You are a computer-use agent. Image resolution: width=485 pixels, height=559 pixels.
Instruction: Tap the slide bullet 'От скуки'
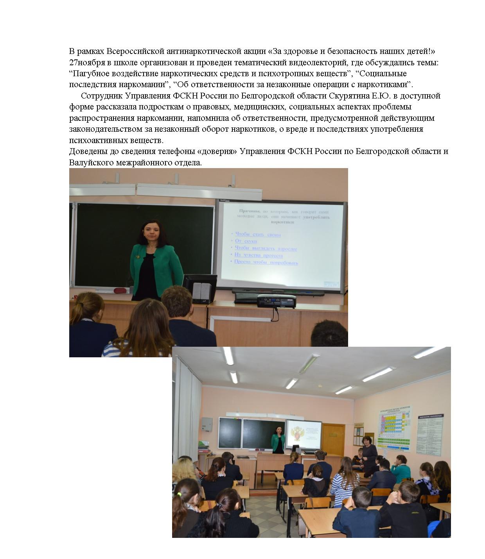pyautogui.click(x=246, y=241)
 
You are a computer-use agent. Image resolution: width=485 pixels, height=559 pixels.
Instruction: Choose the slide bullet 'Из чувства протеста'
pyautogui.click(x=258, y=255)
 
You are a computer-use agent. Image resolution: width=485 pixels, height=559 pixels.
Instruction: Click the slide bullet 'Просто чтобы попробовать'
pyautogui.click(x=266, y=262)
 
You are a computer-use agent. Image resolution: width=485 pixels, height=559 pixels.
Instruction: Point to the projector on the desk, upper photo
pyautogui.click(x=276, y=301)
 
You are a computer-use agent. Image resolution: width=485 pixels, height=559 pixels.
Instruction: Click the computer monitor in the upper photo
pyautogui.click(x=200, y=288)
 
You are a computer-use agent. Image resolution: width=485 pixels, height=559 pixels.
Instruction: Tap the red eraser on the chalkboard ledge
pyautogui.click(x=120, y=290)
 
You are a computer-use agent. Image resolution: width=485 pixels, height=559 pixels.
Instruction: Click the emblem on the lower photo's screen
pyautogui.click(x=297, y=435)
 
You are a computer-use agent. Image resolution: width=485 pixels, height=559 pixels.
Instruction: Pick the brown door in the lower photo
pyautogui.click(x=333, y=439)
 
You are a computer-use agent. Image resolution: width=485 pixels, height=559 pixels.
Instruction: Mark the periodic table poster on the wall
pyautogui.click(x=395, y=428)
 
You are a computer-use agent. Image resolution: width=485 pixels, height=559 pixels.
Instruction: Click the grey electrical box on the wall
pyautogui.click(x=207, y=425)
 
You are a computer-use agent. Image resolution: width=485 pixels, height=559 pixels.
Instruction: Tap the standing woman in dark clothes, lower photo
pyautogui.click(x=369, y=455)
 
